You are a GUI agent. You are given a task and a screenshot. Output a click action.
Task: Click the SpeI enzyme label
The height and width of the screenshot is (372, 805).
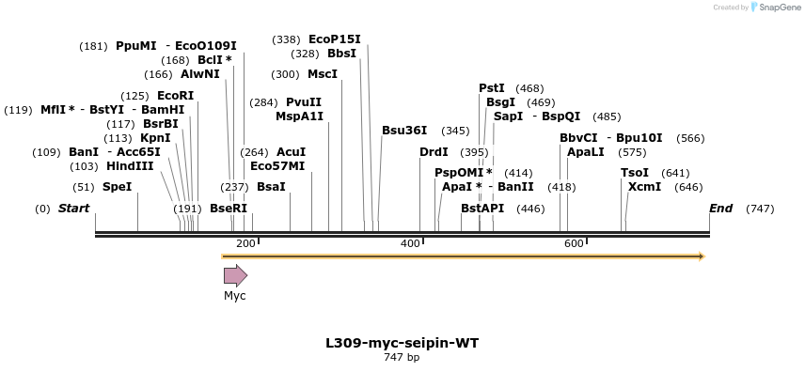117,187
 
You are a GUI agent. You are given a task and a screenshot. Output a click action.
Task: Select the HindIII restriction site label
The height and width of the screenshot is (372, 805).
130,166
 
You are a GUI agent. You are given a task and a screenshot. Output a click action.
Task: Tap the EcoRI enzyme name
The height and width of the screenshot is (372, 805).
175,96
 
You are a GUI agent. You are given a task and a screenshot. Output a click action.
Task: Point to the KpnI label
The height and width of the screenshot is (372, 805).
155,138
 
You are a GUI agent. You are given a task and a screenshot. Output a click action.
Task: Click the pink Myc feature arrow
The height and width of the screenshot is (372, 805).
235,275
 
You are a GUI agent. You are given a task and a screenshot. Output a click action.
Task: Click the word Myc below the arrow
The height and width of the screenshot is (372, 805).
234,296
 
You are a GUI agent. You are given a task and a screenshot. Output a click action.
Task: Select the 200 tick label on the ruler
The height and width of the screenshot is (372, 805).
245,244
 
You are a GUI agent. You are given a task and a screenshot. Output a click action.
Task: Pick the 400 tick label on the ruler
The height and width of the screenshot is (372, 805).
410,244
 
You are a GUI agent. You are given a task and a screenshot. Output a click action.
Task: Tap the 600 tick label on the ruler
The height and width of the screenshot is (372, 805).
574,244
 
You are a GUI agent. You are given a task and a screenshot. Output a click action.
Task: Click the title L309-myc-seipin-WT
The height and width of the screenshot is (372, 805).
402,343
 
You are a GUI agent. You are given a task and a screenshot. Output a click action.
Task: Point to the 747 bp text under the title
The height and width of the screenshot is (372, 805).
402,358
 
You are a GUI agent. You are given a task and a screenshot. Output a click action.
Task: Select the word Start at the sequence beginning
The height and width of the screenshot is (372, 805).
74,208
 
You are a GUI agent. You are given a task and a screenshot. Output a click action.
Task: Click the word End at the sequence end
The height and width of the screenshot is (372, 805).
721,208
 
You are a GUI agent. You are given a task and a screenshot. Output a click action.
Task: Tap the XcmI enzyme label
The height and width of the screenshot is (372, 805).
644,187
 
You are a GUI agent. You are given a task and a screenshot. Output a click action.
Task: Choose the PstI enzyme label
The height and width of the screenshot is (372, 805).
492,88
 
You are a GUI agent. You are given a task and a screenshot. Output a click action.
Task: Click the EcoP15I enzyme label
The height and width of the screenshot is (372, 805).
334,39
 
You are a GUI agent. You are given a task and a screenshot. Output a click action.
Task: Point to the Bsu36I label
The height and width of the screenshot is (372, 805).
404,131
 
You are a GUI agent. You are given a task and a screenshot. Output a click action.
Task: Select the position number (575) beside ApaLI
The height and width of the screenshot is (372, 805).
632,152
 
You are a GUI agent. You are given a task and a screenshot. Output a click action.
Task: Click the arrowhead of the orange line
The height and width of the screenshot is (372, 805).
702,256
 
